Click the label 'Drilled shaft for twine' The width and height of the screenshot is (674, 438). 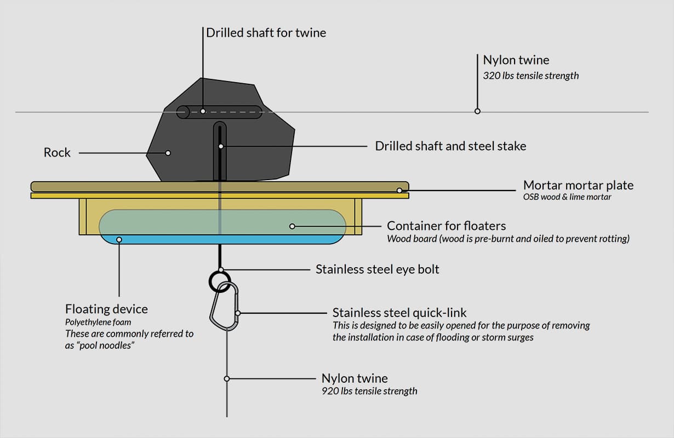tap(266, 33)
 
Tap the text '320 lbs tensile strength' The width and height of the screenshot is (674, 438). tap(530, 76)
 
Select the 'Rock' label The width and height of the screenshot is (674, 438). tap(57, 152)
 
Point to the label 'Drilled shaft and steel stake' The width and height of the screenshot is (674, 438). tap(450, 146)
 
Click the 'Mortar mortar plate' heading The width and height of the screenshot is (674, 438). tap(578, 185)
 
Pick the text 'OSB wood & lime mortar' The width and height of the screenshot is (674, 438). tap(567, 197)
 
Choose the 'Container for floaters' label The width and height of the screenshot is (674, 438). tap(446, 226)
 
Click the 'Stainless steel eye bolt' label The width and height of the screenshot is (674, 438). tap(377, 269)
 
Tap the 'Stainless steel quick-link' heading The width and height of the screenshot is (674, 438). tap(399, 313)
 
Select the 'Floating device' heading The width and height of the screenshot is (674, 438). tap(106, 309)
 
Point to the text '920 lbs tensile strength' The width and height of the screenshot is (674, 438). tap(369, 391)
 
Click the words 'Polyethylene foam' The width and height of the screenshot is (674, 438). tap(99, 321)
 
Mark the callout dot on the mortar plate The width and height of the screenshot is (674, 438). tap(399, 191)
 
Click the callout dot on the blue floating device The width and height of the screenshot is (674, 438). tap(119, 239)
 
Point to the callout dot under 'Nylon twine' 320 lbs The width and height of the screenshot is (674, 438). tap(477, 111)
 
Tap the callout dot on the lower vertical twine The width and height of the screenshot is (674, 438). tap(226, 378)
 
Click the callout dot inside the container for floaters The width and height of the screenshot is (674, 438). tap(292, 226)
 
